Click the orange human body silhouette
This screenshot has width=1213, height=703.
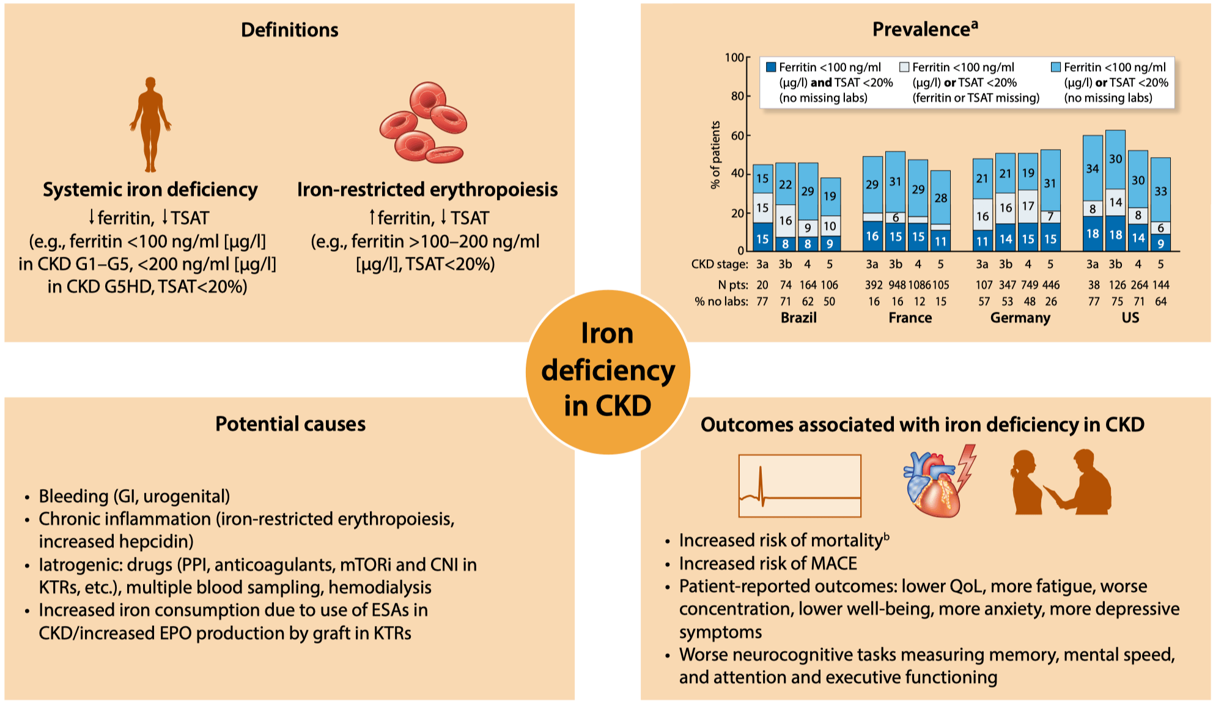(150, 125)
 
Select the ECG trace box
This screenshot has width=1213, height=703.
(800, 486)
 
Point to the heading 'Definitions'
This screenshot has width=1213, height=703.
(290, 30)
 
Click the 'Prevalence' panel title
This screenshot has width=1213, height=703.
(925, 29)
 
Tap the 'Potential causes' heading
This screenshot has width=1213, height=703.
(290, 424)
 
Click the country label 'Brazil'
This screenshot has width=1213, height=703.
(798, 318)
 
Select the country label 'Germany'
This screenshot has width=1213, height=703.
(1020, 318)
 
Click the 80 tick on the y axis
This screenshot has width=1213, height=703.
(737, 96)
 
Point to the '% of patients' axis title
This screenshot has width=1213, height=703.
(715, 155)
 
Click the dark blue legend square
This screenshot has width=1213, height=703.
(771, 67)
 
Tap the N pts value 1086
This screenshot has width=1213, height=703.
(920, 285)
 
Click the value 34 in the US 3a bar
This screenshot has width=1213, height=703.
(1093, 168)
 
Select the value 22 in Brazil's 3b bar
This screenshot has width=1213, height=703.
(786, 184)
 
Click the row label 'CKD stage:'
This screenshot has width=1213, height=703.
(720, 264)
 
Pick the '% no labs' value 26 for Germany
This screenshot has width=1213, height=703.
(1050, 301)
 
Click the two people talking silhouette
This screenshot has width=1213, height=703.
(1061, 482)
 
